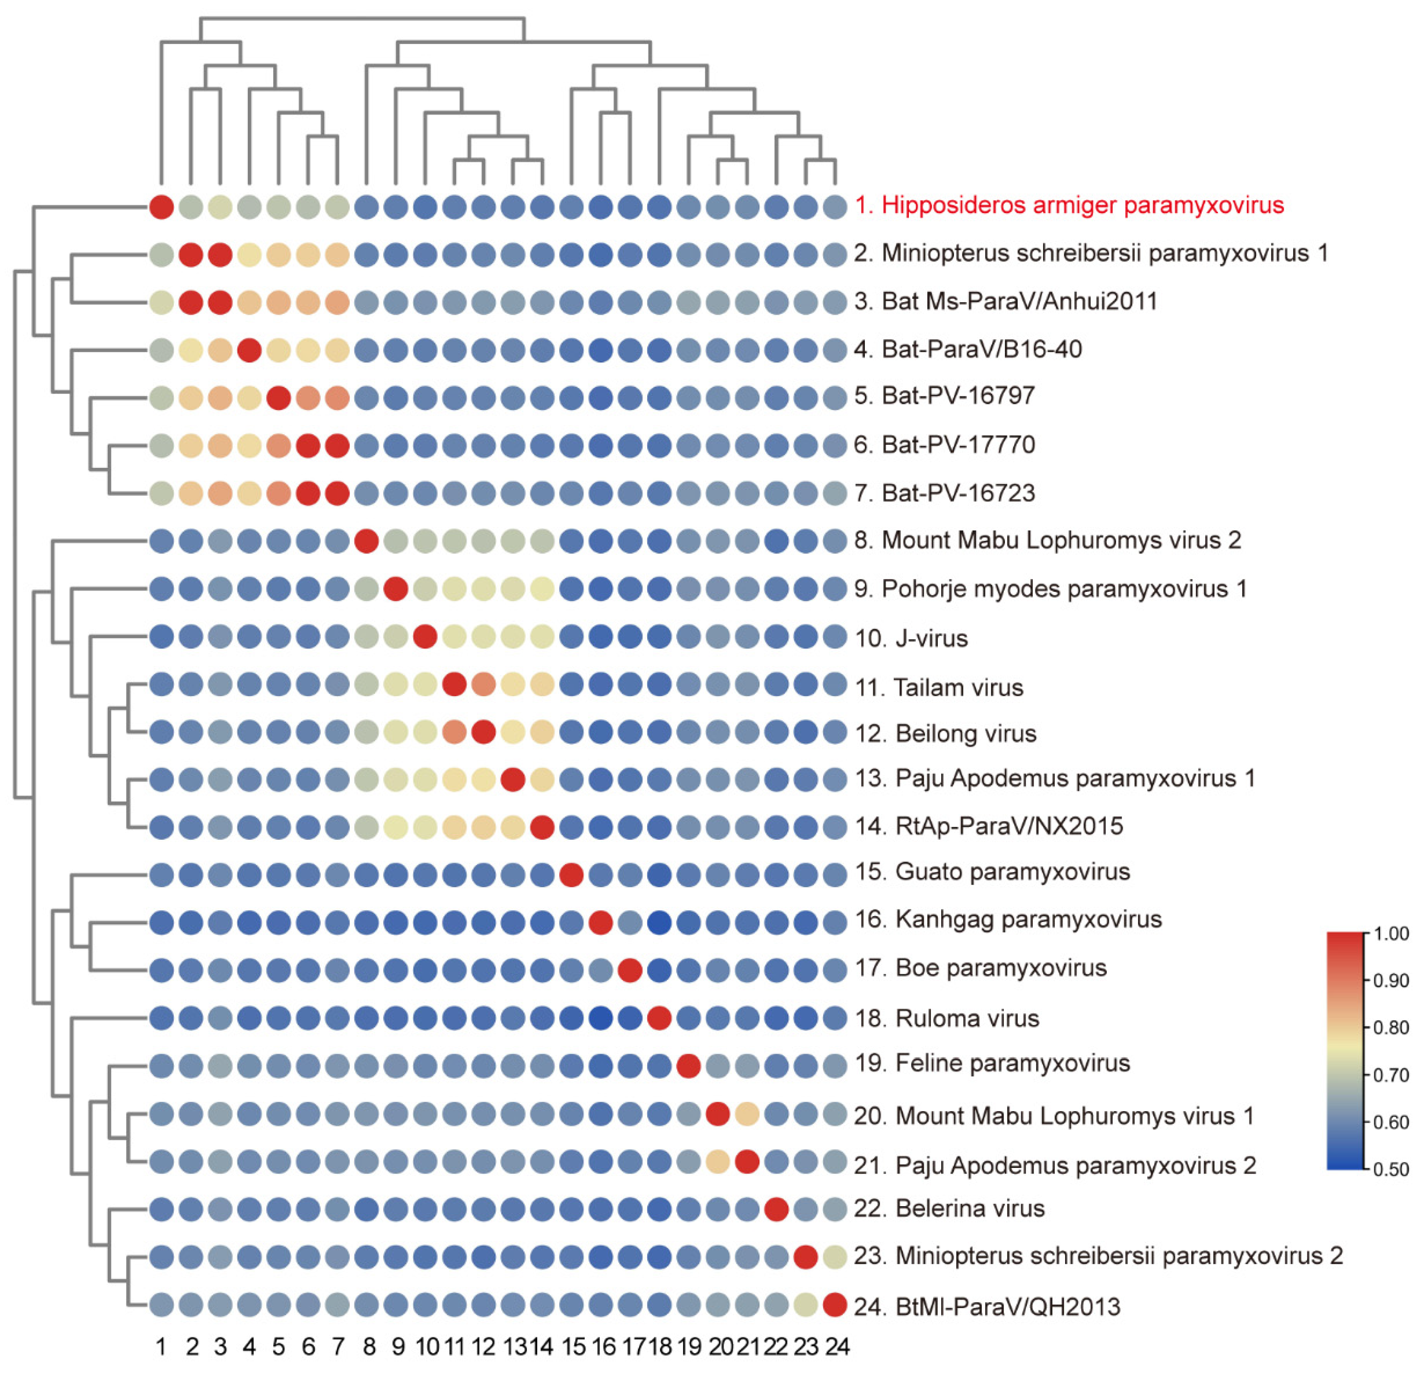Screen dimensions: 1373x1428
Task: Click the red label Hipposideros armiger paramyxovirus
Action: [1069, 205]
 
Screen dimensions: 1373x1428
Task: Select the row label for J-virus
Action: [911, 639]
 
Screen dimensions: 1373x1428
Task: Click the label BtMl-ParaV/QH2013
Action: [987, 1307]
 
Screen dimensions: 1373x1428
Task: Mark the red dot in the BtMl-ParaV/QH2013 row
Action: [835, 1305]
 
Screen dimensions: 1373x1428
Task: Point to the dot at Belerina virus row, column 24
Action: [835, 1210]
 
